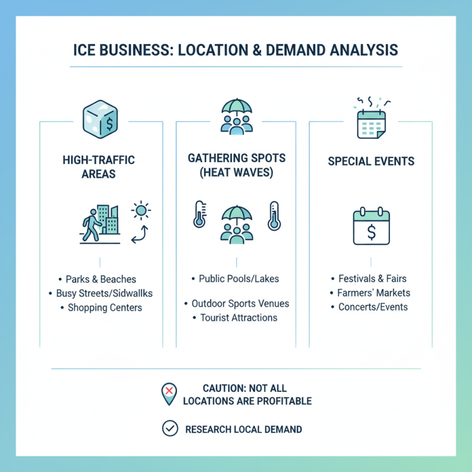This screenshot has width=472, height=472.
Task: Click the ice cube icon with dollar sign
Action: [x=101, y=120]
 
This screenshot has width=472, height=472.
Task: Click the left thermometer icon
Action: [x=199, y=216]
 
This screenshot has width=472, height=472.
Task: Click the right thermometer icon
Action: [x=273, y=216]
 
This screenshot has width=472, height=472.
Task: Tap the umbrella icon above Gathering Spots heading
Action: [x=236, y=116]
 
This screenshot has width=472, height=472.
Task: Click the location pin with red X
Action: [x=169, y=393]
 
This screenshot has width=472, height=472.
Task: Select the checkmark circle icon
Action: [x=170, y=429]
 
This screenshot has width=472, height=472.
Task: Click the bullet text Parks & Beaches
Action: [x=101, y=279]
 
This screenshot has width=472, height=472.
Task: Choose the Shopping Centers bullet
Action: [x=104, y=307]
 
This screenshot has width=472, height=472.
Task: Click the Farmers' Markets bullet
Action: [x=374, y=293]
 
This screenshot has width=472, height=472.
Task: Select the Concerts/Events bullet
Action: [x=373, y=307]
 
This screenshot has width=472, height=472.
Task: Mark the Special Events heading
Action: [x=371, y=161]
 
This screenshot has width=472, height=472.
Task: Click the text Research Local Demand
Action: [x=244, y=429]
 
